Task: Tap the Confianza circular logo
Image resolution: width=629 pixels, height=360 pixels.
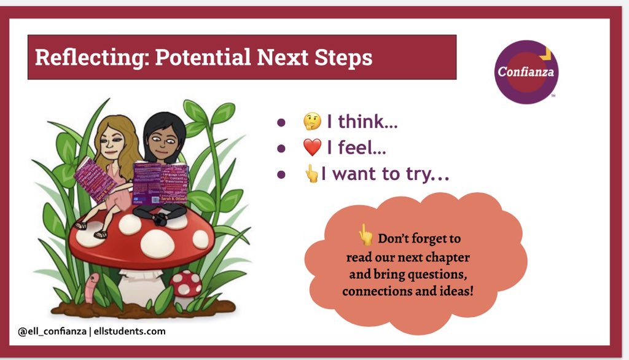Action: click(525, 71)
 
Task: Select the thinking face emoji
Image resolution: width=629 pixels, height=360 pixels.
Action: click(312, 123)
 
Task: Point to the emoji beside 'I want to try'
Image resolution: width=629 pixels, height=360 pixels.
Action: click(312, 175)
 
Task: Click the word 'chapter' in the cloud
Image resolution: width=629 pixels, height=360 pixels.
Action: click(450, 257)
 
